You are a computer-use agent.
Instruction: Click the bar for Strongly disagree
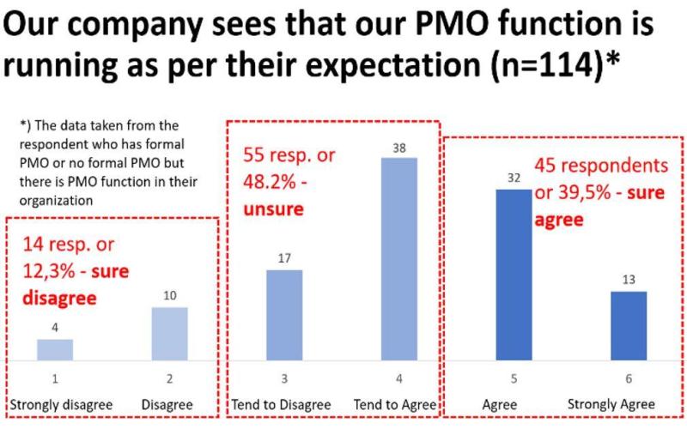click(55, 350)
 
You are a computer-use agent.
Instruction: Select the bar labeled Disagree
click(171, 335)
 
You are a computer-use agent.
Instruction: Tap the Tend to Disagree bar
click(284, 315)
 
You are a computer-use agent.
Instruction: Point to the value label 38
click(398, 148)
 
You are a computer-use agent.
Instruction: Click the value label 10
click(171, 296)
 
